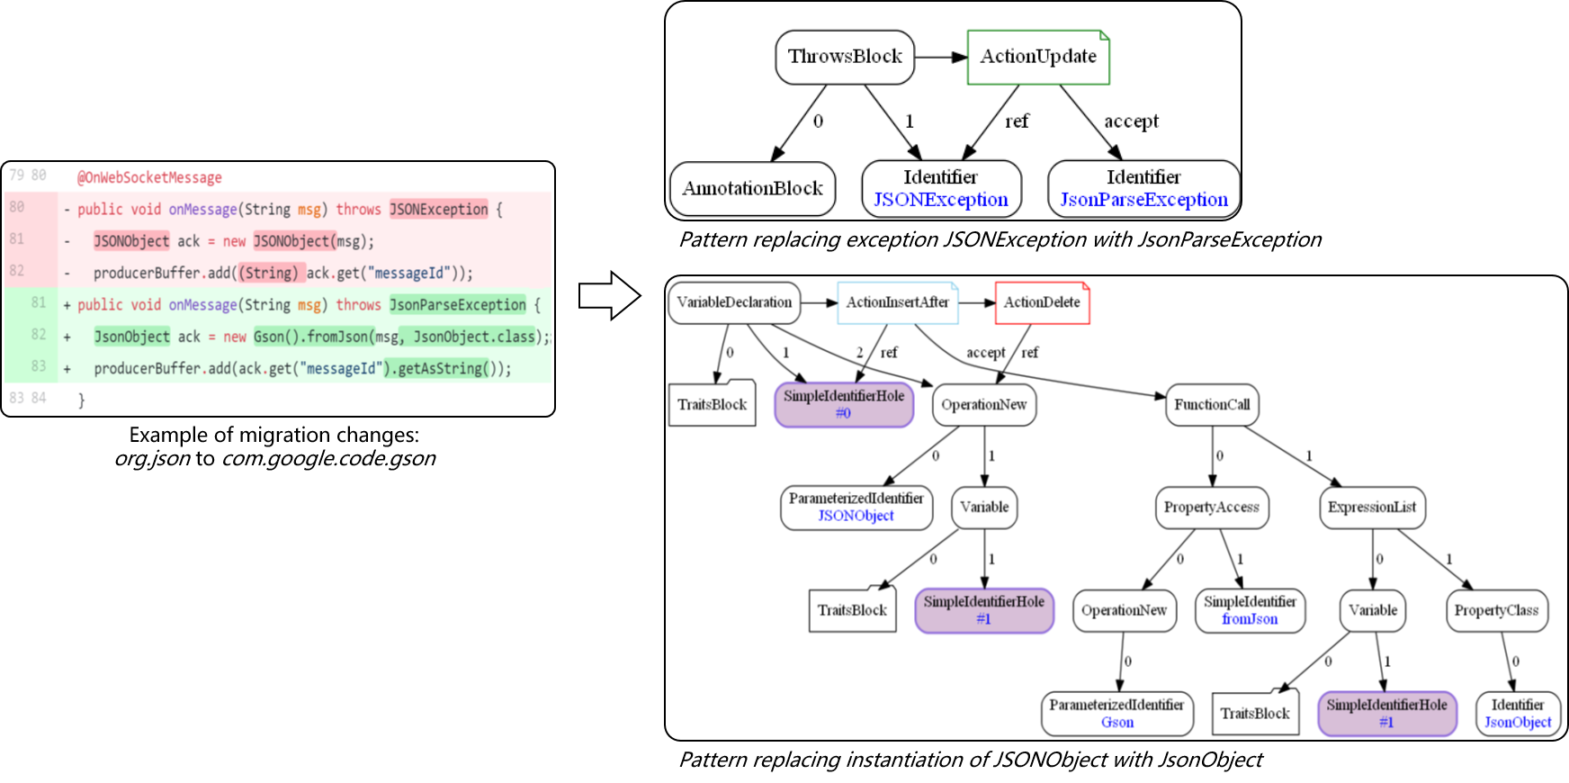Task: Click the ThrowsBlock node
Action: [845, 57]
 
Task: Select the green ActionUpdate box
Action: [1038, 57]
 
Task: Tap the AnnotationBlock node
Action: [752, 188]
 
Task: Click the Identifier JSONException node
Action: [941, 188]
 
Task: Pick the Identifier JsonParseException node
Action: [1143, 188]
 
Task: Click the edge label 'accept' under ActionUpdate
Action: [1131, 121]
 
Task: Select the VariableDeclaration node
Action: [734, 302]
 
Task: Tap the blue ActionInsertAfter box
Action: [897, 302]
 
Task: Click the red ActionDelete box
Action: [1042, 302]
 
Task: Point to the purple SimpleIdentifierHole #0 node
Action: [844, 404]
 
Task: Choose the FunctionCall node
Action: [1212, 404]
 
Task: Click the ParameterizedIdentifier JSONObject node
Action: [856, 507]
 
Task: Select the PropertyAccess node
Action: [1211, 507]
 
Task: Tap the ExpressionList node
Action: [1371, 507]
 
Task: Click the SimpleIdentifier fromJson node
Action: [1250, 610]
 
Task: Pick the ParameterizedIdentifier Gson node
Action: [1116, 713]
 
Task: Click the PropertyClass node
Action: [1496, 610]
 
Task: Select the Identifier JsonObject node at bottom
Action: [1518, 713]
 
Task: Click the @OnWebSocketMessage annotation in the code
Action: [149, 177]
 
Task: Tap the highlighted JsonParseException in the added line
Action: [457, 305]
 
